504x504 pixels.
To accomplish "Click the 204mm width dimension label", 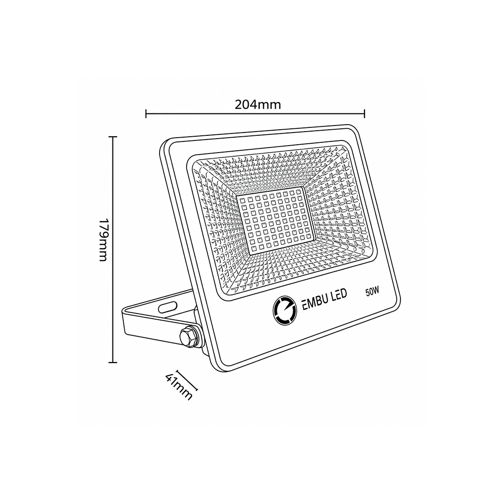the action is (x=258, y=105).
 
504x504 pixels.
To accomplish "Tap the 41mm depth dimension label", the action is (x=179, y=386).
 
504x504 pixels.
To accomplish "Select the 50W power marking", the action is (x=372, y=292).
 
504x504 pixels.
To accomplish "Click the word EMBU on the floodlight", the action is (x=315, y=301).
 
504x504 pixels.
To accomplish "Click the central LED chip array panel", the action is (x=274, y=222).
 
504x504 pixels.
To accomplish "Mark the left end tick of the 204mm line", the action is (x=146, y=113).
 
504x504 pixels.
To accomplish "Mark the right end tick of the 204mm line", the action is (x=364, y=113).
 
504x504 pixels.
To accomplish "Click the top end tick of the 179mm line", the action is (x=112, y=137).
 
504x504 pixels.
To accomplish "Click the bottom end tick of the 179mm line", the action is (x=112, y=363).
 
